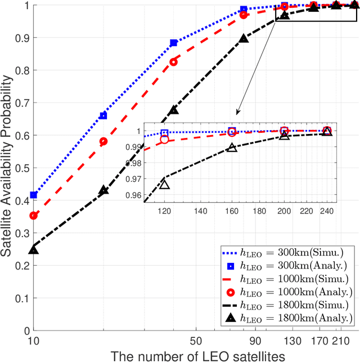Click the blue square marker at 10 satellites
pos(34,195)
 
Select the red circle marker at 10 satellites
pos(34,216)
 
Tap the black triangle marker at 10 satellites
pos(34,249)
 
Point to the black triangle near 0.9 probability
pos(244,38)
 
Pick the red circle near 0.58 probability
pos(103,141)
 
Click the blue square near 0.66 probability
pos(103,115)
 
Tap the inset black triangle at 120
pos(164,184)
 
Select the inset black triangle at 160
pos(232,148)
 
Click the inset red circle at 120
pos(164,140)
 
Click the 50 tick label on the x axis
pos(195,341)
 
